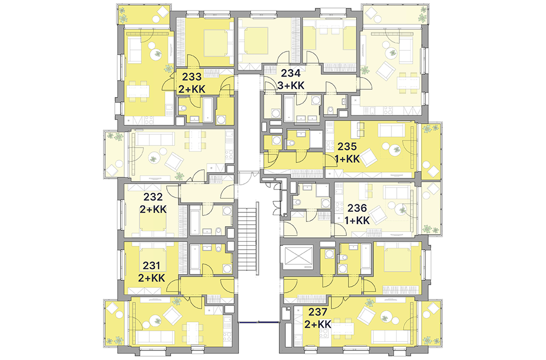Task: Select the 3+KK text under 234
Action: click(x=291, y=85)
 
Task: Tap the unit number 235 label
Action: click(x=347, y=147)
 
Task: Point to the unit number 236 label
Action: click(x=357, y=208)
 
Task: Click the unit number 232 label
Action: click(x=153, y=197)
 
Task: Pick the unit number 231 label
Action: click(x=151, y=265)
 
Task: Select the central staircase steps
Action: click(x=249, y=238)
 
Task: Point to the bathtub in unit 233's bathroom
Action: click(x=208, y=109)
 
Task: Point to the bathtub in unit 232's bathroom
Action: click(x=195, y=220)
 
